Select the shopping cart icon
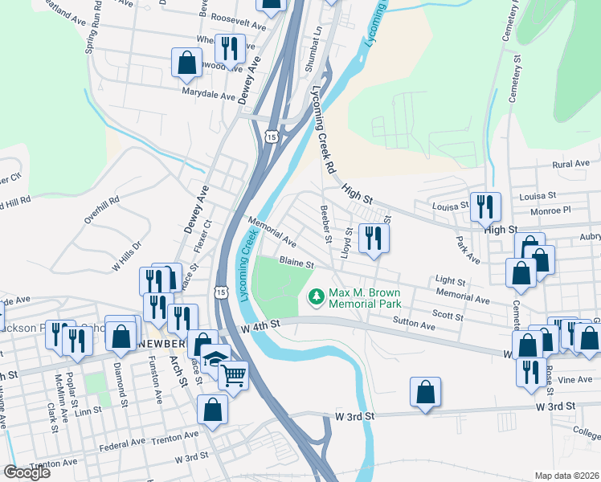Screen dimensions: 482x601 click(x=234, y=374)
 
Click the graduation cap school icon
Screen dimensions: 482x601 click(x=215, y=358)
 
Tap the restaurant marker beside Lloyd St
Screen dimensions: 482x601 click(x=374, y=238)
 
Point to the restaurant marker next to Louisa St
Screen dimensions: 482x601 click(x=485, y=206)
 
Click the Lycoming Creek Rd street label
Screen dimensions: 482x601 click(x=325, y=129)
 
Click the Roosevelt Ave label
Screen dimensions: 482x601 click(x=237, y=26)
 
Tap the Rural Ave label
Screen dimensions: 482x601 click(x=571, y=164)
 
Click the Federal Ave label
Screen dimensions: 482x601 click(x=121, y=444)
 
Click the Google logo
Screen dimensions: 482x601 click(x=27, y=472)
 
